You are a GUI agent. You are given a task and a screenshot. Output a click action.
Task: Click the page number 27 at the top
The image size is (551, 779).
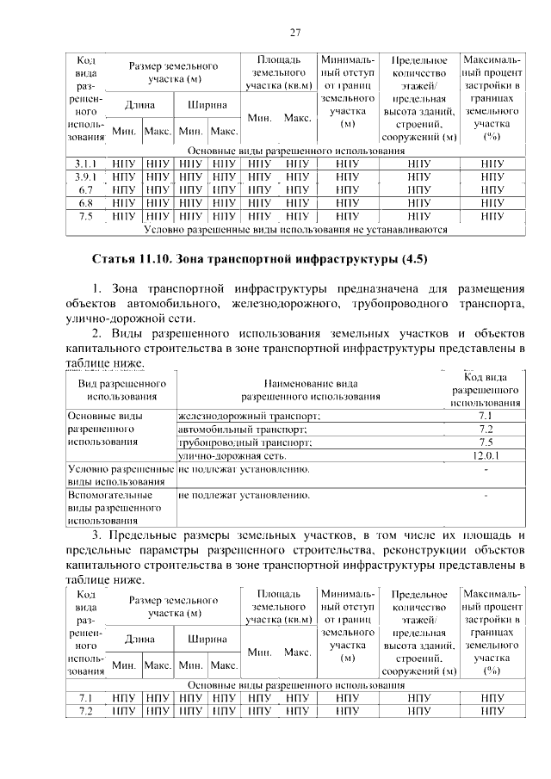click(x=294, y=33)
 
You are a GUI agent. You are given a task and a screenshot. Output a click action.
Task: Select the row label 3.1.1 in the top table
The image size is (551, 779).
click(x=85, y=162)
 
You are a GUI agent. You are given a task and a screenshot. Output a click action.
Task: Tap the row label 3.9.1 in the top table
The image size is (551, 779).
click(x=85, y=176)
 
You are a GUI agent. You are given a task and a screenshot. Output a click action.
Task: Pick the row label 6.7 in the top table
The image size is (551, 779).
click(x=85, y=189)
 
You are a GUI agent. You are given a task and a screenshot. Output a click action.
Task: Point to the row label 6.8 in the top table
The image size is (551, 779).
click(x=85, y=202)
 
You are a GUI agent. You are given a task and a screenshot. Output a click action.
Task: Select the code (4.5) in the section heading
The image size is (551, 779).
click(x=409, y=258)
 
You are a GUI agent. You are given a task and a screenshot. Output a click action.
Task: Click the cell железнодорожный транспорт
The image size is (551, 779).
click(x=249, y=416)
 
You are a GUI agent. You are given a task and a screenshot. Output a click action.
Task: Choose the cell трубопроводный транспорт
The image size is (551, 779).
click(x=245, y=442)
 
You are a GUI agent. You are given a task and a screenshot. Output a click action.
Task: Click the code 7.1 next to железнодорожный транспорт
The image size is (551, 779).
click(x=486, y=416)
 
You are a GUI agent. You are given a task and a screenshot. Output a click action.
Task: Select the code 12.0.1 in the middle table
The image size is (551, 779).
click(x=486, y=454)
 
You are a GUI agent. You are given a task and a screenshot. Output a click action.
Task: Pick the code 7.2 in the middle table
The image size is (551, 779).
click(x=486, y=429)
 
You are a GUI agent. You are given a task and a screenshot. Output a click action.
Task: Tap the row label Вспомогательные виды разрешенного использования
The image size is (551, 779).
click(x=115, y=508)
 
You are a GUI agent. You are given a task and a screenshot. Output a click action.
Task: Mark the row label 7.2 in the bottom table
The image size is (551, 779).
click(x=85, y=712)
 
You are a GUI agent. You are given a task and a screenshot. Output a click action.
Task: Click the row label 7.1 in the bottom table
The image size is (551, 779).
click(x=85, y=698)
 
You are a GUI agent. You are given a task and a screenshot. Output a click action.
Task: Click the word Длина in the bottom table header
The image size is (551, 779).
click(x=139, y=640)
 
